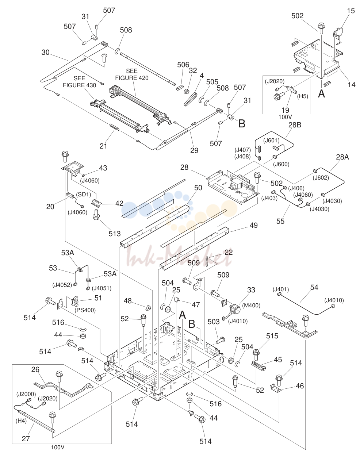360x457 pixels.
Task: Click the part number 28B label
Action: coord(295,125)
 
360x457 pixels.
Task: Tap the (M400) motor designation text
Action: coord(251,306)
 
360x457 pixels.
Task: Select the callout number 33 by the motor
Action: coord(251,290)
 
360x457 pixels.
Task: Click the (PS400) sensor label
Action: coord(85,310)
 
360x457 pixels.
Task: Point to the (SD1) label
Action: coord(84,194)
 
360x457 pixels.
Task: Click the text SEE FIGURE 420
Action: coord(132,74)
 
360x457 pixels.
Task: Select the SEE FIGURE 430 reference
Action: coord(80,82)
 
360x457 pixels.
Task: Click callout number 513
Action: coord(115,234)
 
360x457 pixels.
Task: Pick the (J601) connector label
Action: coord(271,141)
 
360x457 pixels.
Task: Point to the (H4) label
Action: coord(21,421)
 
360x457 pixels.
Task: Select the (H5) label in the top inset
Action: coord(302,96)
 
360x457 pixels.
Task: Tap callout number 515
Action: coord(272,336)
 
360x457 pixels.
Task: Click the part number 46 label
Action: coord(300,386)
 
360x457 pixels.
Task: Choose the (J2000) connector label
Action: coord(26,394)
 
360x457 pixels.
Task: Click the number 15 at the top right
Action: coord(351,11)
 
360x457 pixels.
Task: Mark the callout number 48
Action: coord(128,301)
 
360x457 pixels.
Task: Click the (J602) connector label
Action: coord(321,177)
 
